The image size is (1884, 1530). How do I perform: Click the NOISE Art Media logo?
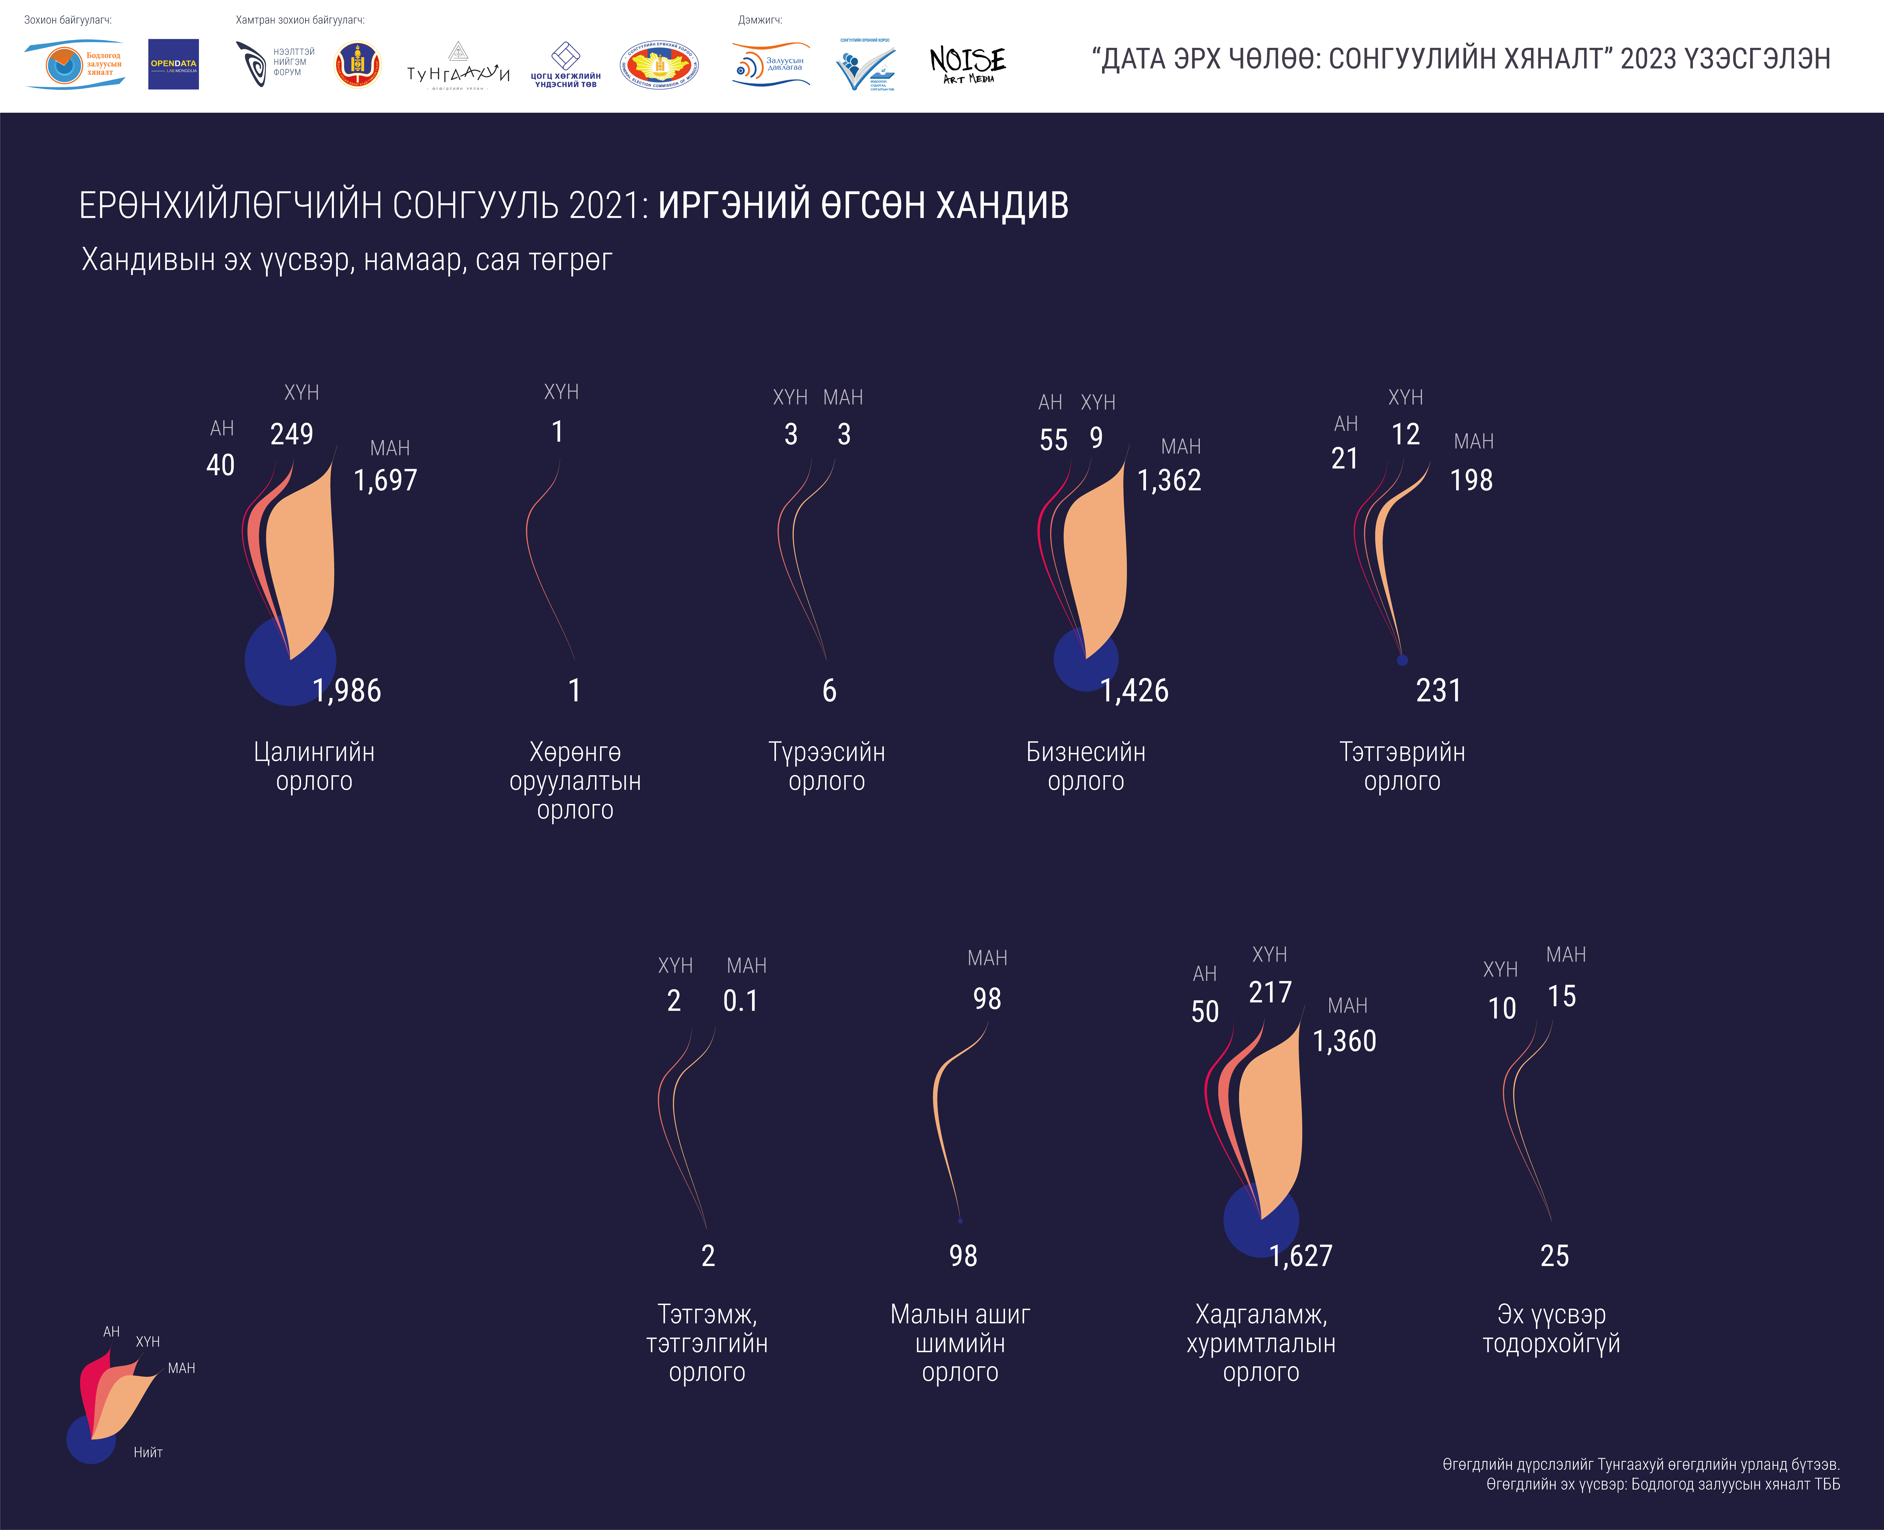968,64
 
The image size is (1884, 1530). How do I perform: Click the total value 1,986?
347,690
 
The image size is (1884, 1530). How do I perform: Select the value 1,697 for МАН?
385,480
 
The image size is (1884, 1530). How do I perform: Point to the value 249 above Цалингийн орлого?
292,434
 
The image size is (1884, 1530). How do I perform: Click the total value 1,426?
1134,690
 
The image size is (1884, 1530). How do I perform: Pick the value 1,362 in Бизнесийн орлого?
1169,480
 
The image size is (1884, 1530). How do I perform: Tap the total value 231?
1438,690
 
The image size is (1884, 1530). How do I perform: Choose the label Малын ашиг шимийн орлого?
960,1343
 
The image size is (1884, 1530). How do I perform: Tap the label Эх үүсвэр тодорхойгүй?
1551,1329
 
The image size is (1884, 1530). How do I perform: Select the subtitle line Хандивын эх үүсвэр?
346,260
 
